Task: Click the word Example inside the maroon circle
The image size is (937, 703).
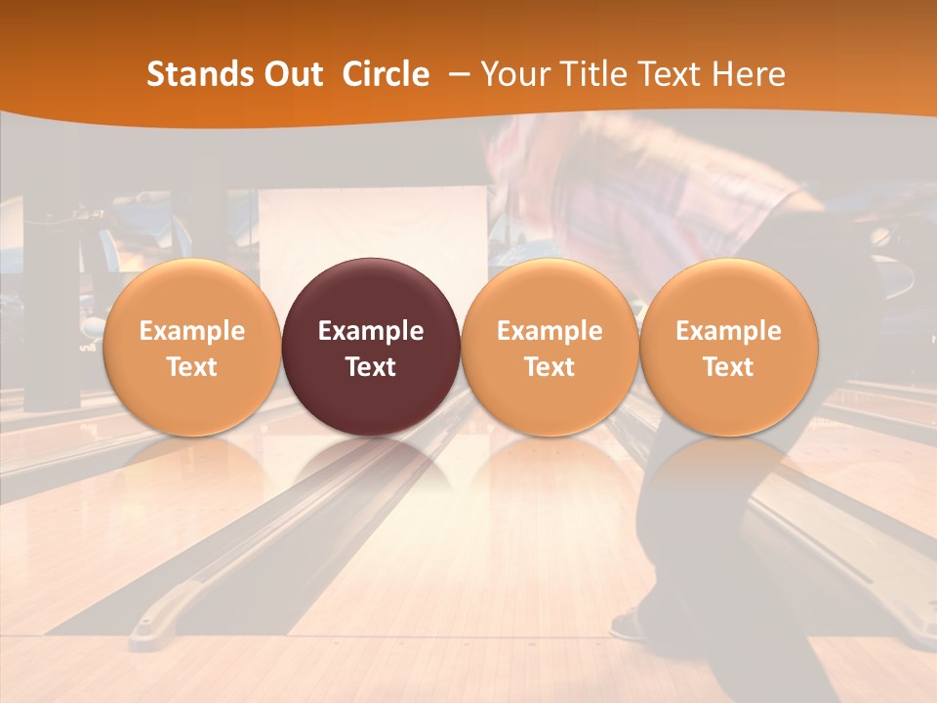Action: tap(371, 331)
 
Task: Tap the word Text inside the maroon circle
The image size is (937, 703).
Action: tap(371, 367)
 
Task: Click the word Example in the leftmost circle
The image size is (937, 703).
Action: tap(191, 331)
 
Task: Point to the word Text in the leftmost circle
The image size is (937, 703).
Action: tap(191, 367)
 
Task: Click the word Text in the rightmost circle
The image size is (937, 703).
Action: tap(728, 367)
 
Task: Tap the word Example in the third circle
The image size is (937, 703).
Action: tap(550, 331)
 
